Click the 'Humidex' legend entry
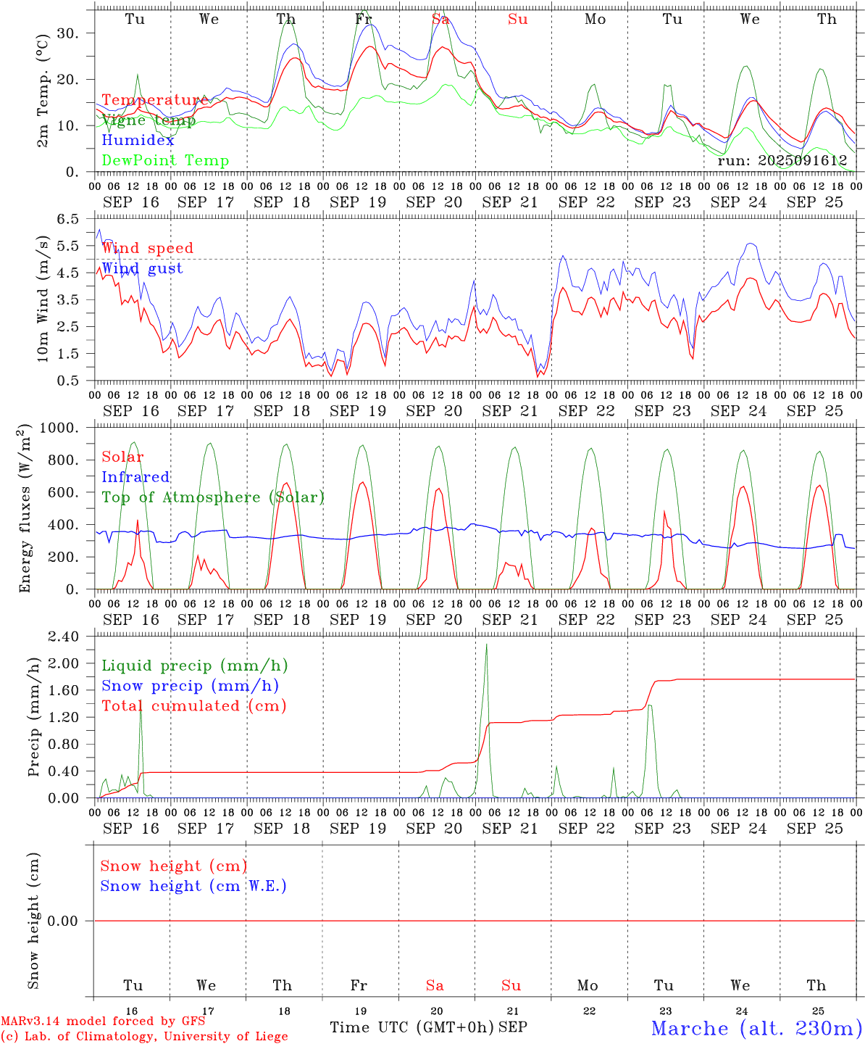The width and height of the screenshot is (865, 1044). [138, 141]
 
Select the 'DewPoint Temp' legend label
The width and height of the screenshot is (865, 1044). [165, 161]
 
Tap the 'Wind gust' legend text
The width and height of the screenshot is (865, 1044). [142, 268]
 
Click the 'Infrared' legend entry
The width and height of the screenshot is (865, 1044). [135, 477]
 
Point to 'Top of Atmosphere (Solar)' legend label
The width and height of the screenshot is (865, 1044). [213, 497]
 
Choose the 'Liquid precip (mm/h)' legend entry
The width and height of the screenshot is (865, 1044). [194, 666]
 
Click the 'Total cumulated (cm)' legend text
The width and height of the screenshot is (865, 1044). [193, 705]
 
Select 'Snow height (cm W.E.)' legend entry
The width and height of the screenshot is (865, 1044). [193, 886]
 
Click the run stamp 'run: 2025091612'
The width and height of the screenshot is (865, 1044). [782, 160]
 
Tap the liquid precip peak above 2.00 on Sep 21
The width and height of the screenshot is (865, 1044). [486, 645]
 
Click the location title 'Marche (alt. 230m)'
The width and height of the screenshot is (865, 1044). [756, 1028]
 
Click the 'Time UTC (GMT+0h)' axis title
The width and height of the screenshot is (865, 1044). [412, 1027]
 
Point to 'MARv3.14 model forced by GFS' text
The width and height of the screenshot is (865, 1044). [103, 1021]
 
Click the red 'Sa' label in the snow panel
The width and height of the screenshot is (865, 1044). [435, 985]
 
